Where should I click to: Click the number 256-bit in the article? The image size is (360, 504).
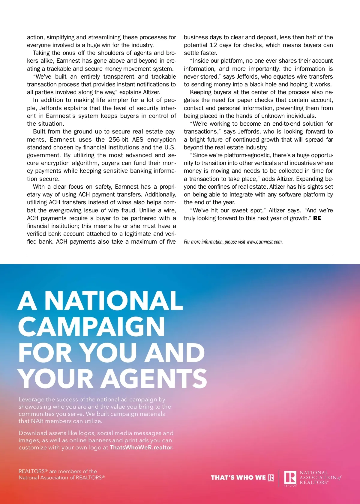tap(118, 139)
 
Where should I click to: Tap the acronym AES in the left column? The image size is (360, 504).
tap(138, 139)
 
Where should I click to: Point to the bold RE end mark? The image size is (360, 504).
tap(317, 218)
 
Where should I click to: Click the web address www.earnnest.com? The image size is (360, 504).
tap(265, 242)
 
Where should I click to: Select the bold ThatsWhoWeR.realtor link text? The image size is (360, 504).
tap(142, 447)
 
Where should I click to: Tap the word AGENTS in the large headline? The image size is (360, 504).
tap(154, 378)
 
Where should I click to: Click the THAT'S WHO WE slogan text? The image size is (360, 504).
tap(238, 478)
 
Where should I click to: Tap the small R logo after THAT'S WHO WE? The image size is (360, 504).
tap(271, 478)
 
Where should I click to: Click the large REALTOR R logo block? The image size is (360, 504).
tap(290, 477)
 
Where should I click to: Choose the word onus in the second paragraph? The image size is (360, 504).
tap(69, 53)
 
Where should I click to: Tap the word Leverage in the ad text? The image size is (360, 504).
tap(31, 399)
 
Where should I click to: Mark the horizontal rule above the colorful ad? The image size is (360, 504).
tap(180, 255)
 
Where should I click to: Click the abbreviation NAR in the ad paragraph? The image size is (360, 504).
tap(37, 421)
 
